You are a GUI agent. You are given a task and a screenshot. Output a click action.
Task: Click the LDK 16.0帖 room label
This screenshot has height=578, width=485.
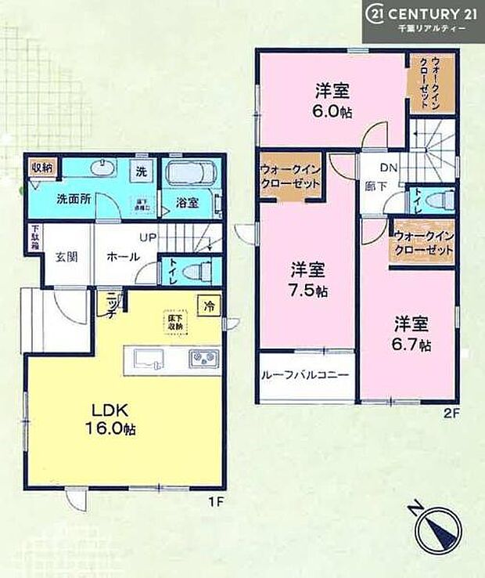coord(117,419)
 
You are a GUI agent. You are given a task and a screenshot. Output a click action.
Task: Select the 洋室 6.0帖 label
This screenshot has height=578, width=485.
coord(332,99)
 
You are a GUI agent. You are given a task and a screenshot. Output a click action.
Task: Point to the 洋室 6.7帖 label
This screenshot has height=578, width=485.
coord(411,333)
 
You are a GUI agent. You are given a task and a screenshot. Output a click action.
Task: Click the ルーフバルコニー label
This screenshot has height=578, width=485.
coord(305,375)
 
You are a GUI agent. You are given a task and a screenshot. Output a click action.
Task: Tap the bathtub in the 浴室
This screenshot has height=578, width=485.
coord(191,172)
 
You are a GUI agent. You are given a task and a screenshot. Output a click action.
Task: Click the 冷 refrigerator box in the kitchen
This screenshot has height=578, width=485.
coord(208,301)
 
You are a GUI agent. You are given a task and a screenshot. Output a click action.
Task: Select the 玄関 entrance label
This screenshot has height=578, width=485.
coord(64,256)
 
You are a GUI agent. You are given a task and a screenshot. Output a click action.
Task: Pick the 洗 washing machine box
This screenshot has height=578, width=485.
coord(142,171)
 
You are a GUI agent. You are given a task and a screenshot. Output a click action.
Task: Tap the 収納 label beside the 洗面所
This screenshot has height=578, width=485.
coord(42,167)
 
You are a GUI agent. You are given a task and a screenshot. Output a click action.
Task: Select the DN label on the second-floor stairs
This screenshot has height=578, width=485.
coord(388,167)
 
